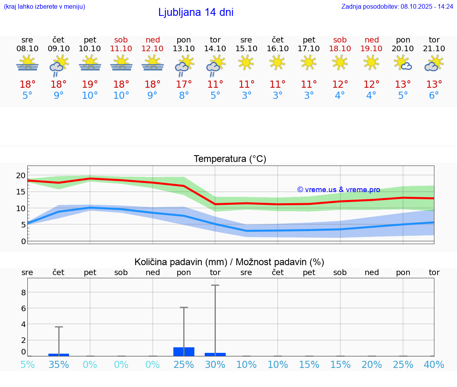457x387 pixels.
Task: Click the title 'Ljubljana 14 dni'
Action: pos(196,12)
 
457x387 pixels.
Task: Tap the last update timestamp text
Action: pos(397,7)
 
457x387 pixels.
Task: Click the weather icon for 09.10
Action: pos(59,65)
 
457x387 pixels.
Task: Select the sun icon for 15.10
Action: pos(246,62)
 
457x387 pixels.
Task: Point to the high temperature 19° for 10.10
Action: pos(90,85)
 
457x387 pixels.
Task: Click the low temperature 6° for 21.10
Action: pos(434,96)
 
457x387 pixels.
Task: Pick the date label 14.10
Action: pos(215,49)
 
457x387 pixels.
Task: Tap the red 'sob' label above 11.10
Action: pos(121,40)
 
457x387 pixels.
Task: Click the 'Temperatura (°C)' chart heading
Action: pos(230,159)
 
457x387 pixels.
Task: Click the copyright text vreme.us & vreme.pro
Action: pos(339,190)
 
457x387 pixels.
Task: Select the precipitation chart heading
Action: pos(229,262)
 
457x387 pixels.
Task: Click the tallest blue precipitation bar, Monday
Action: pos(184,352)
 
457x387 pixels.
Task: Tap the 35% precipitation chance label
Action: pos(59,365)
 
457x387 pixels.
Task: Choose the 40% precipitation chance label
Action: pos(434,365)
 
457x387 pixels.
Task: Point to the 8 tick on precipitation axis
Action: pos(23,293)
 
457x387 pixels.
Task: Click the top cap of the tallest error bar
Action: pos(215,285)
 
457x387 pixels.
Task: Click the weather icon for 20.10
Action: pos(403,63)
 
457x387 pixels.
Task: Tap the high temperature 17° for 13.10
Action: pos(184,85)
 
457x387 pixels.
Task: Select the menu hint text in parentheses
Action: pos(44,7)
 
